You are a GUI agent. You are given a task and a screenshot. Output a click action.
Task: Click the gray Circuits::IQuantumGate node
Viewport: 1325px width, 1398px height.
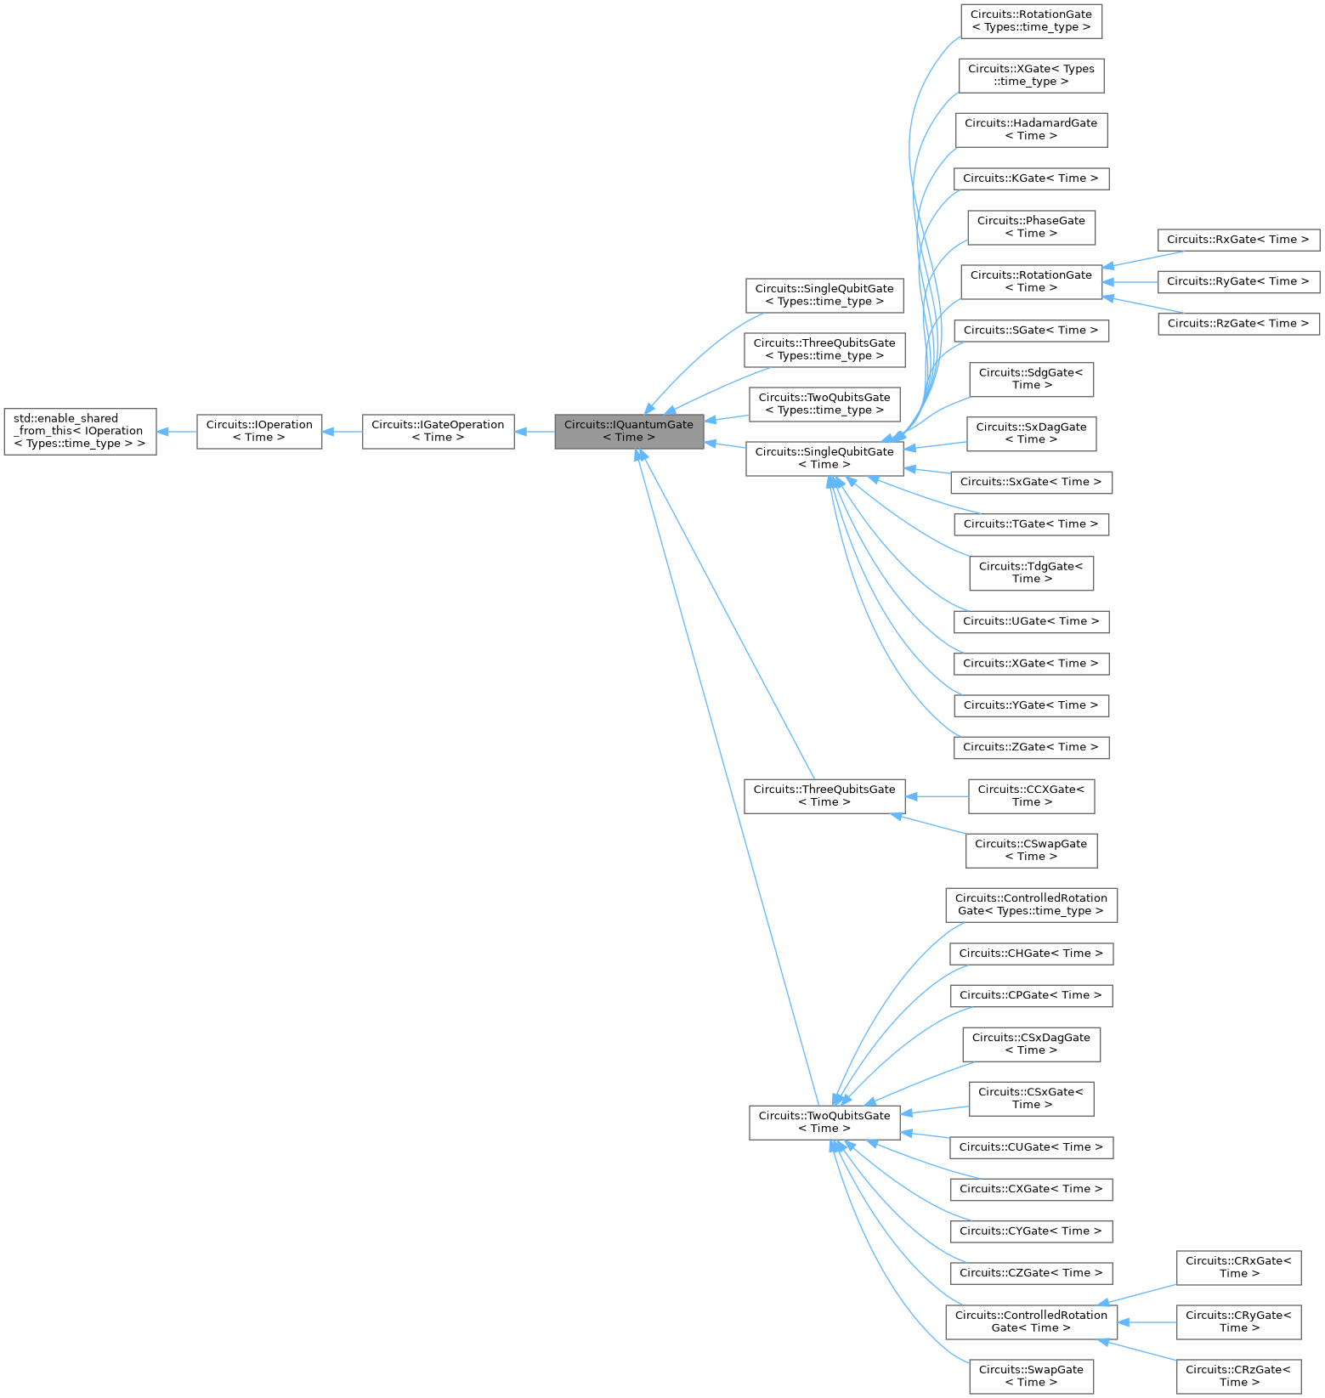coord(629,431)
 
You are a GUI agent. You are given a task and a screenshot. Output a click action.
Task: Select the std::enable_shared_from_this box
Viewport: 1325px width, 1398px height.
coord(80,431)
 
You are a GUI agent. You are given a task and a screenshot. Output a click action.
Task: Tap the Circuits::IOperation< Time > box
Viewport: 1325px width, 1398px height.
coord(259,431)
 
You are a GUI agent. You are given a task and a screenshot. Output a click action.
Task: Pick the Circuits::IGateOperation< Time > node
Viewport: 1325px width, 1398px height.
coord(438,431)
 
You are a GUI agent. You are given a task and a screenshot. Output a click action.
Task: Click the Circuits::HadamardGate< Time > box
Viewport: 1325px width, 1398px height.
coord(1031,129)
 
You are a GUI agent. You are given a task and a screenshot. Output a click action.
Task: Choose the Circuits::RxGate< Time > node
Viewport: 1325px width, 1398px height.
coord(1238,240)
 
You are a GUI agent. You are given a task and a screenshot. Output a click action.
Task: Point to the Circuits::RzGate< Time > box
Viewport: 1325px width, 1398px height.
coord(1238,324)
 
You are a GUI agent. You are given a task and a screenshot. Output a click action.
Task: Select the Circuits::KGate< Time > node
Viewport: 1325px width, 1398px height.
coord(1031,178)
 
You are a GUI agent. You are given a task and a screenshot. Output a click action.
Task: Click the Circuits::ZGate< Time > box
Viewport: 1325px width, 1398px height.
coord(1031,747)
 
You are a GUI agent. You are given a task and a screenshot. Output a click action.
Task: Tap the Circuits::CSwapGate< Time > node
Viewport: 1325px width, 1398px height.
coord(1031,850)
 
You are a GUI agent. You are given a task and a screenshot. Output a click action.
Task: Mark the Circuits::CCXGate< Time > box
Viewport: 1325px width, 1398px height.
coord(1031,795)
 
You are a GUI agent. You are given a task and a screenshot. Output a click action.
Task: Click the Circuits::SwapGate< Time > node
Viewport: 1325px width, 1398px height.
coord(1031,1376)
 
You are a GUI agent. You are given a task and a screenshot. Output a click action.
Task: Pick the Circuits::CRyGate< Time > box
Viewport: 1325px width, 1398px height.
coord(1238,1322)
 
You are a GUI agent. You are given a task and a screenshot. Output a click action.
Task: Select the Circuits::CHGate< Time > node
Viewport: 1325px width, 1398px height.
coord(1031,954)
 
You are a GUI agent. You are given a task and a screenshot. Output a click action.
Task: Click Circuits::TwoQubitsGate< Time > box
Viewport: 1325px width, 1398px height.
coord(824,1122)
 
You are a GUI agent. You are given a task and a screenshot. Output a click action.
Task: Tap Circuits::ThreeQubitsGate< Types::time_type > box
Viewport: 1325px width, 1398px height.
coord(824,349)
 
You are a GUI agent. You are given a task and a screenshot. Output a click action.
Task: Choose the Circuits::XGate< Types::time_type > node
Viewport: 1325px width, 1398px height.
coord(1031,75)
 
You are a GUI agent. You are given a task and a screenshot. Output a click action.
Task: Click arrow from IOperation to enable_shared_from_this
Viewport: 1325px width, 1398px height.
coord(177,432)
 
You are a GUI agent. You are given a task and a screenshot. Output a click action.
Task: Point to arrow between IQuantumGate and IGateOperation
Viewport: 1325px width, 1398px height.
coord(535,432)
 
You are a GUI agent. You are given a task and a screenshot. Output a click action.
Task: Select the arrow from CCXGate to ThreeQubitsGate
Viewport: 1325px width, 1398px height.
coord(937,796)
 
